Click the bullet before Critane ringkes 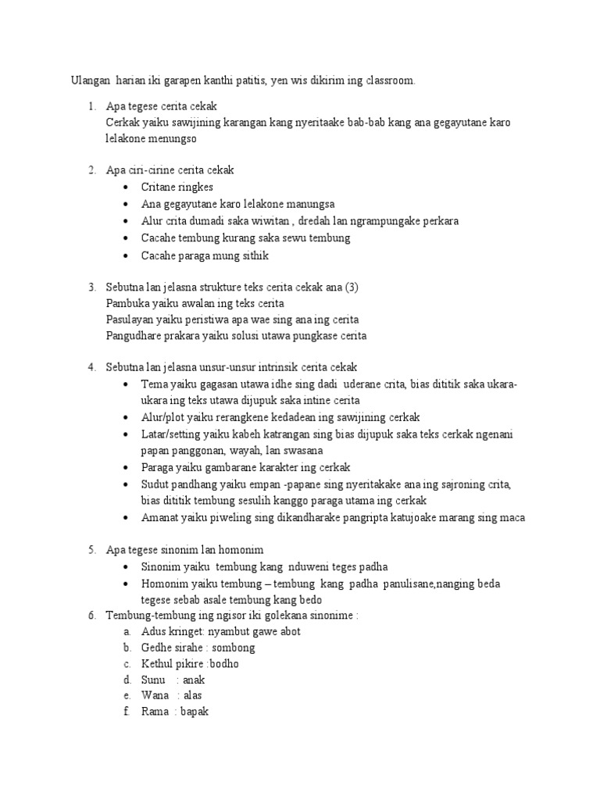click(127, 187)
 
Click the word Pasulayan click(129, 320)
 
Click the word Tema click(154, 385)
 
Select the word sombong click(233, 648)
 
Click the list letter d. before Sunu click(127, 680)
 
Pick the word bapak click(195, 712)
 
